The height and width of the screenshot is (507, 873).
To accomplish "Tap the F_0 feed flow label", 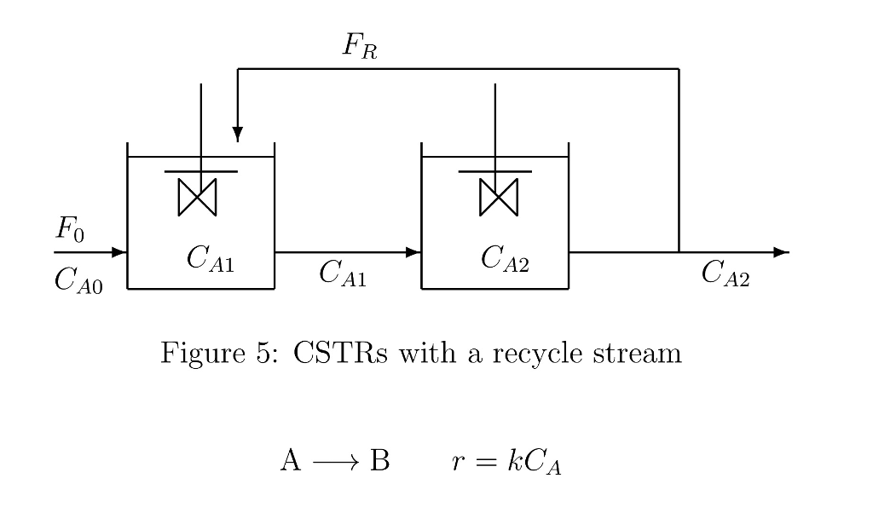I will [x=70, y=230].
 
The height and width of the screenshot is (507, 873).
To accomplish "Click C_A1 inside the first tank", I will [x=210, y=258].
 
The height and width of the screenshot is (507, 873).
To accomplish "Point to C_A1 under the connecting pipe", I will [x=343, y=274].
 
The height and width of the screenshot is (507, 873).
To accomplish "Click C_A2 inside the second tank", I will [x=505, y=258].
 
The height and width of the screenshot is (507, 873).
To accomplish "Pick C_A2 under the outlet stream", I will [x=726, y=274].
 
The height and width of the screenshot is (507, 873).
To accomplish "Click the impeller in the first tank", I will [x=198, y=197].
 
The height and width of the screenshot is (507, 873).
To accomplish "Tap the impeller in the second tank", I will [x=498, y=197].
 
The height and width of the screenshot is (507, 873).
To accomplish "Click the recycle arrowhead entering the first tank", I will [x=237, y=135].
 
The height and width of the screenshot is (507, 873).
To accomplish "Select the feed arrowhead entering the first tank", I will [x=119, y=252].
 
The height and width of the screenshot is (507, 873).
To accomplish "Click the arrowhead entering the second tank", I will [x=413, y=252].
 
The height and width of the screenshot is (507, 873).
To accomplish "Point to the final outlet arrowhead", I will [x=781, y=252].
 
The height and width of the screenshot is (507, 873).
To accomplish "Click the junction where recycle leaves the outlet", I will [x=679, y=252].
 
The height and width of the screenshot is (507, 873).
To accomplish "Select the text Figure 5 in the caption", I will [x=217, y=352].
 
